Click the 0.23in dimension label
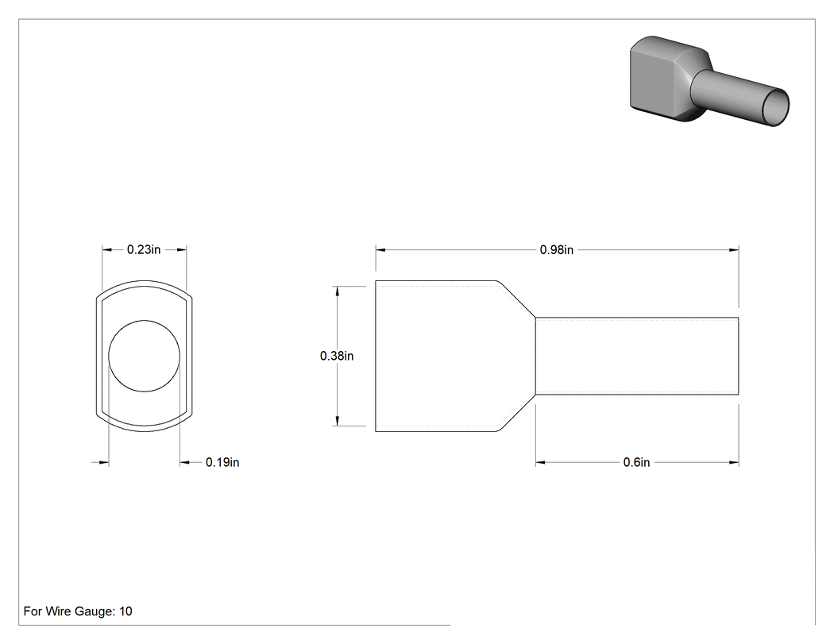[x=144, y=249]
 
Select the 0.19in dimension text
[x=222, y=463]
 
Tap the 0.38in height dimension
[x=337, y=356]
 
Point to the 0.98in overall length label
[x=556, y=250]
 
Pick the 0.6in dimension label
[x=637, y=463]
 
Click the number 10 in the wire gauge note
[x=125, y=611]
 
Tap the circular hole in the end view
[x=144, y=356]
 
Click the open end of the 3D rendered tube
[x=775, y=107]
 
